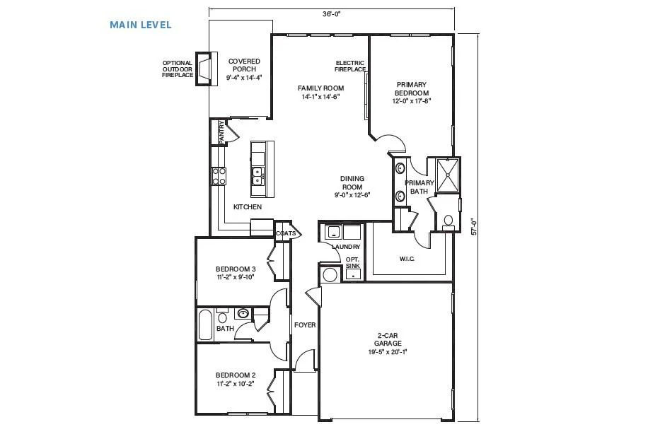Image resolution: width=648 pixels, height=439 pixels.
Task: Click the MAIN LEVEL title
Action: [x=140, y=25]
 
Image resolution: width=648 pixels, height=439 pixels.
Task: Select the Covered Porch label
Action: [x=243, y=65]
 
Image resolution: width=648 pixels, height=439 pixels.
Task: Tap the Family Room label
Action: [x=320, y=88]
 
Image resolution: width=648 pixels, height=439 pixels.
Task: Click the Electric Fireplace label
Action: [x=350, y=66]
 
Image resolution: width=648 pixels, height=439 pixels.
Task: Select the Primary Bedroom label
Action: [x=411, y=88]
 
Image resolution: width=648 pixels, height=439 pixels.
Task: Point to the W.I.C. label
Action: [x=407, y=259]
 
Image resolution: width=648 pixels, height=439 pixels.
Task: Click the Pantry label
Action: [x=221, y=132]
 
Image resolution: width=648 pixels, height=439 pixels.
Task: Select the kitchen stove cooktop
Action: [x=219, y=175]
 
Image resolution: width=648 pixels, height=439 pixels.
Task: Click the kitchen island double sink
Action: [x=258, y=177]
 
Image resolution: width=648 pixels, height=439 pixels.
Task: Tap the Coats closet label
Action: [x=286, y=233]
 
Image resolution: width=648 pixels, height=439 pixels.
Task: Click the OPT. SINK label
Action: [x=352, y=262]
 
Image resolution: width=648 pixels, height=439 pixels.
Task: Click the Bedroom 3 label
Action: [x=236, y=269]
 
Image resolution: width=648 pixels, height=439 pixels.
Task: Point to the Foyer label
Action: [x=305, y=325]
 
